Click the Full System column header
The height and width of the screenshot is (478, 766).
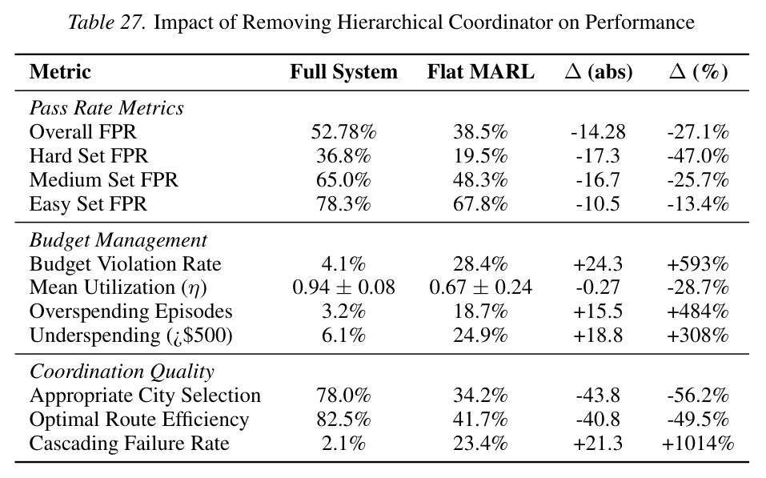(x=343, y=72)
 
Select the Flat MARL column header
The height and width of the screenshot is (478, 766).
(x=481, y=72)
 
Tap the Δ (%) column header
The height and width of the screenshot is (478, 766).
(x=698, y=72)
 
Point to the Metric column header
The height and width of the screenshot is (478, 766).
(x=60, y=72)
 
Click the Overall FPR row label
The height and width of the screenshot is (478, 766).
(x=83, y=132)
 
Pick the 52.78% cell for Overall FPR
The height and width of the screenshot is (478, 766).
(x=343, y=132)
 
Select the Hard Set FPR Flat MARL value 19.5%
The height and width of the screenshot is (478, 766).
(x=481, y=156)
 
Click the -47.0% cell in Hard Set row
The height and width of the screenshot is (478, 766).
(x=698, y=156)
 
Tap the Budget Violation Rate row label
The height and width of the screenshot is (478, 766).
(x=125, y=264)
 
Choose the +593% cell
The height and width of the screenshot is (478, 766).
(x=698, y=264)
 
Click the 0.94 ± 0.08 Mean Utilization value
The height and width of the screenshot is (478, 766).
(x=343, y=287)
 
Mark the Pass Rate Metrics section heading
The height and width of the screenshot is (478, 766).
(x=106, y=108)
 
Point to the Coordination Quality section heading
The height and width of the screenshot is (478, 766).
(x=122, y=372)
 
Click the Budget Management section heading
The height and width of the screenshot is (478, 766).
(x=118, y=240)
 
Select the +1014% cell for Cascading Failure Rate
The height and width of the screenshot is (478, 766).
(x=698, y=444)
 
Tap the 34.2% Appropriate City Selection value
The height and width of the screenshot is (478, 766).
(x=481, y=396)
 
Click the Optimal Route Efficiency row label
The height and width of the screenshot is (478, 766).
(x=139, y=420)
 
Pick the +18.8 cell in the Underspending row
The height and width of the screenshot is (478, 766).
(x=598, y=335)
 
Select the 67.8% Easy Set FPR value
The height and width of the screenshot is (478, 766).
(x=481, y=204)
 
